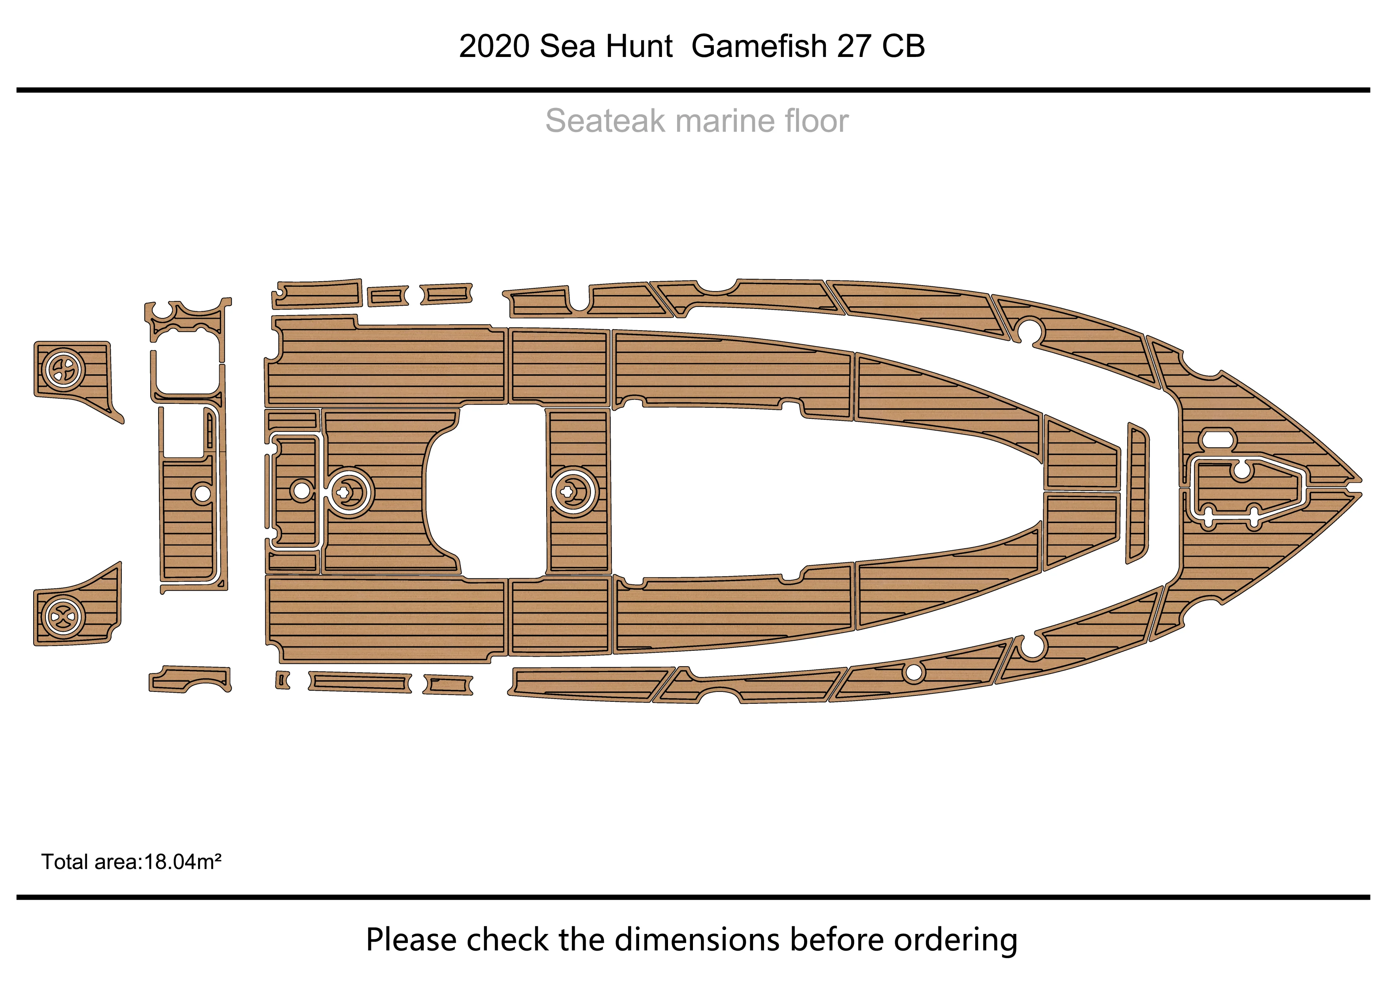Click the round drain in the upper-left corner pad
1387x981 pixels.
[x=63, y=369]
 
